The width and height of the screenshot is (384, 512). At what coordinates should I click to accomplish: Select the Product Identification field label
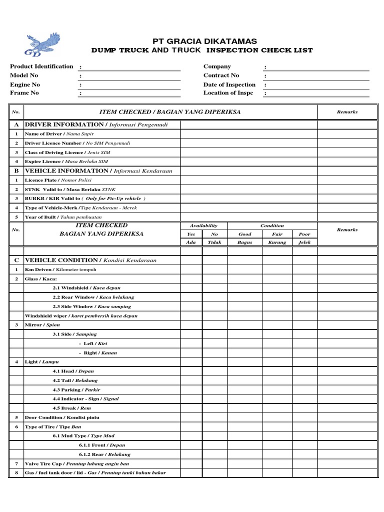point(41,66)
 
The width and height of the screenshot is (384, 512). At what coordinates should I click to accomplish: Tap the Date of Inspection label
point(229,84)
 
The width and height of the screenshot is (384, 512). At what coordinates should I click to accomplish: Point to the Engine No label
point(25,84)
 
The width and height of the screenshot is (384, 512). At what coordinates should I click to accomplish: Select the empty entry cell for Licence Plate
point(248,180)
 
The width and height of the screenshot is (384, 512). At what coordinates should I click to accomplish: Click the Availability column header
point(202,225)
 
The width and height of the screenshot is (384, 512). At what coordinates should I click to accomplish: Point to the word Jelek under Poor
point(304,242)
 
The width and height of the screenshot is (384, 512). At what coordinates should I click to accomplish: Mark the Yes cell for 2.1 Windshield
point(191,288)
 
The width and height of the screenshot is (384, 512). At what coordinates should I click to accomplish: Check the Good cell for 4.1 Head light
point(245,371)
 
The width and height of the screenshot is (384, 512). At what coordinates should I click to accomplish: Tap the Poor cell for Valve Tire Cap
point(304,463)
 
